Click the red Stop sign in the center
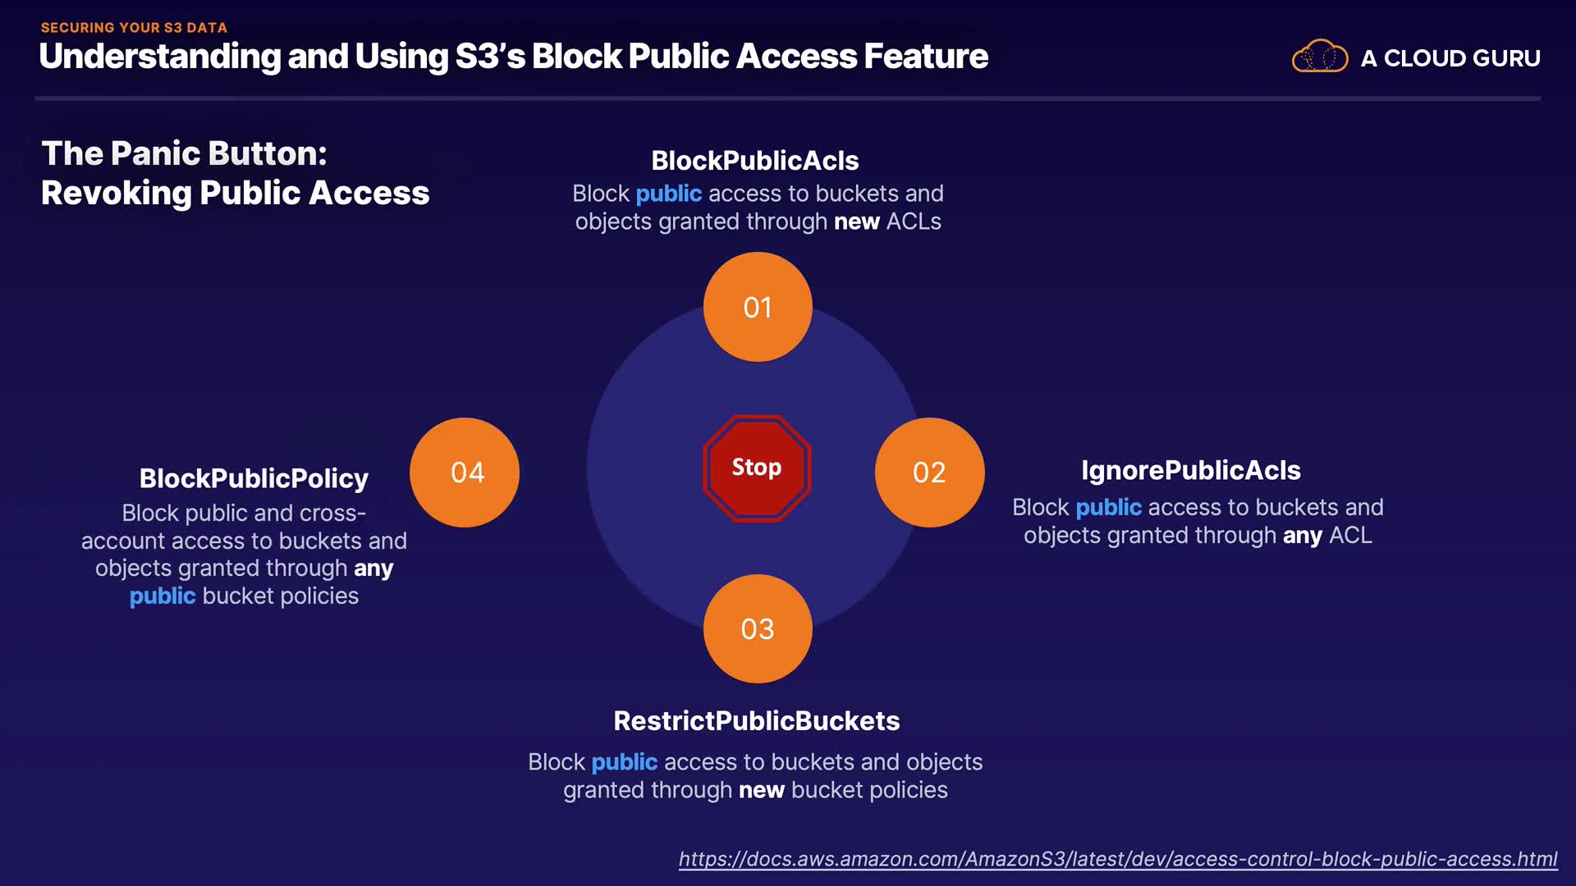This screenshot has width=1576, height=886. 756,468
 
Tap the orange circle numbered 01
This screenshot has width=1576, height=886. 758,307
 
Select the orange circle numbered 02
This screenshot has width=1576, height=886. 929,473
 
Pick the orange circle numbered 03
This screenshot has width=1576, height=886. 758,629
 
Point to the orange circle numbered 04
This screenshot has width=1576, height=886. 465,473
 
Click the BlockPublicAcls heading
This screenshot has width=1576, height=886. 754,161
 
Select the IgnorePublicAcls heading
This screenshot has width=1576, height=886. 1190,470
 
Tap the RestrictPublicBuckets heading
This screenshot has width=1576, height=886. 756,720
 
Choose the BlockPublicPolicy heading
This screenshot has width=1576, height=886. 254,478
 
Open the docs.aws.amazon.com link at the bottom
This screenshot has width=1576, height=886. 1117,859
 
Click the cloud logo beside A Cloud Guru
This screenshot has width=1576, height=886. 1320,57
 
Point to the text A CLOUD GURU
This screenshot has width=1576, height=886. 1450,58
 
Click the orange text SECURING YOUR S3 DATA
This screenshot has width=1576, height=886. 134,27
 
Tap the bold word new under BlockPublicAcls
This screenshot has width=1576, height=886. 856,221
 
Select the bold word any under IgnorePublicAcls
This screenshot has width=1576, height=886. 1302,535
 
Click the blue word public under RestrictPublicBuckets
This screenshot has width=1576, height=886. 624,762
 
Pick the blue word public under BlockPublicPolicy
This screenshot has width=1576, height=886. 163,596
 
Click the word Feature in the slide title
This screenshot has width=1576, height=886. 925,57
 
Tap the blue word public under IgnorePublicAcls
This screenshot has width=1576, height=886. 1108,507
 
